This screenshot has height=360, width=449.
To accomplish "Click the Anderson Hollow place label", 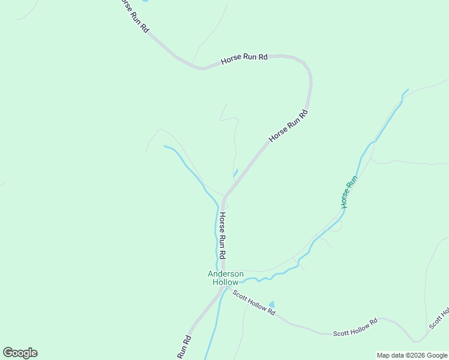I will pyautogui.click(x=226, y=278).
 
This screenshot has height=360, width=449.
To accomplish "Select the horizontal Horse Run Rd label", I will pyautogui.click(x=244, y=58).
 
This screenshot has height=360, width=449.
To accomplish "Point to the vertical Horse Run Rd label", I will pyautogui.click(x=222, y=235).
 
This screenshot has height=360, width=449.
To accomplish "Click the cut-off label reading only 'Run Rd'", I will pyautogui.click(x=184, y=347).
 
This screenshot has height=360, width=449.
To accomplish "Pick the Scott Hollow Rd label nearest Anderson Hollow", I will pyautogui.click(x=254, y=303).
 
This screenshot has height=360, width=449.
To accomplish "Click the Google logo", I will pyautogui.click(x=20, y=353).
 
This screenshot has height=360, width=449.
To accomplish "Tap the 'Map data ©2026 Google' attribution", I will pyautogui.click(x=412, y=355).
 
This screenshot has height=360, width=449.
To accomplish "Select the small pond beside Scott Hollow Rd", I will pyautogui.click(x=272, y=305).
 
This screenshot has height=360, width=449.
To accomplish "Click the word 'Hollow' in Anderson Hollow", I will pyautogui.click(x=226, y=282).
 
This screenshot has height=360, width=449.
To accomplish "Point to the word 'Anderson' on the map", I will pyautogui.click(x=226, y=274).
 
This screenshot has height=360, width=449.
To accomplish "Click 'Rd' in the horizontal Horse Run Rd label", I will pyautogui.click(x=262, y=57).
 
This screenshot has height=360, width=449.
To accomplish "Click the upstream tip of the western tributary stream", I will pyautogui.click(x=164, y=146).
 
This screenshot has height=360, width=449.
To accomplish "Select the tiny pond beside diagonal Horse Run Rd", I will pyautogui.click(x=235, y=173).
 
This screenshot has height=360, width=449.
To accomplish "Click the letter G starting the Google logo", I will pyautogui.click(x=8, y=353).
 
